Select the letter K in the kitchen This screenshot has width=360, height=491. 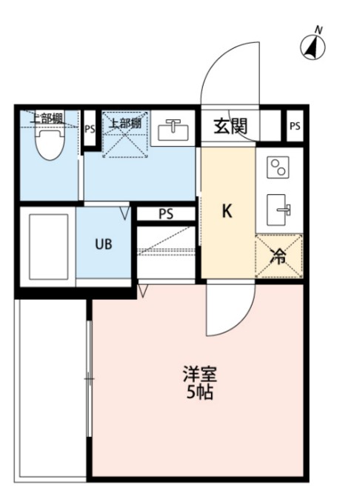point(227,211)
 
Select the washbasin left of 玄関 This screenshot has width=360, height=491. point(173,131)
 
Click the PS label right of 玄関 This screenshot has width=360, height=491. point(295,126)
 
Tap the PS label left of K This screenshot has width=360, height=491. point(166,214)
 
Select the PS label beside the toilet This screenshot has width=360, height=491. point(90,129)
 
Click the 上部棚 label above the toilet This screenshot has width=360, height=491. point(46,116)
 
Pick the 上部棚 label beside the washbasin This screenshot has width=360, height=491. point(125,123)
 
